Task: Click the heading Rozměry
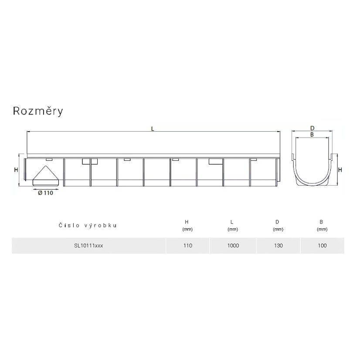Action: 38,111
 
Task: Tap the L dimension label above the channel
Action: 153,129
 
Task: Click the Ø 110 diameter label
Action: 45,193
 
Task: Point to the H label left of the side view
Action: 16,170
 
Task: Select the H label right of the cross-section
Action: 340,170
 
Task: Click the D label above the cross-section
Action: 312,128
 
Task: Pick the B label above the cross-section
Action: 312,135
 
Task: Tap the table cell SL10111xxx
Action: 88,246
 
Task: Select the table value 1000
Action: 233,246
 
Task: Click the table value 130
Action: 278,246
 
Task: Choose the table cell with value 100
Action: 322,246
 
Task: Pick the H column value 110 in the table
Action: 188,246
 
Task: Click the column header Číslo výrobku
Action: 88,225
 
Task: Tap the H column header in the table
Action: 187,222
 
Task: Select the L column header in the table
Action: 232,222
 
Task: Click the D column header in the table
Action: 277,222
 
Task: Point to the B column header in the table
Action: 321,222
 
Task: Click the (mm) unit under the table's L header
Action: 233,229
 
